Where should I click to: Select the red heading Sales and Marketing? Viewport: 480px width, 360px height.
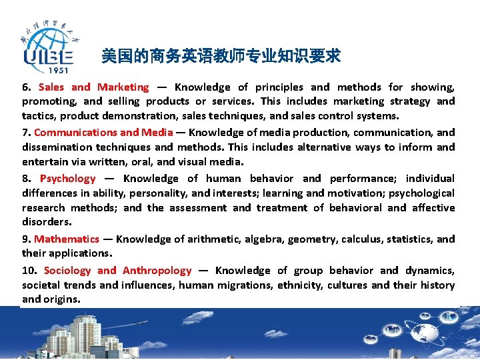coord(94,87)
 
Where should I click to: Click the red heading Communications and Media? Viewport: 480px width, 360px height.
coord(103,133)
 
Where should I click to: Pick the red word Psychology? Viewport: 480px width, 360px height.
coord(68,179)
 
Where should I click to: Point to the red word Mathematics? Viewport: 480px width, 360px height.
coord(67,239)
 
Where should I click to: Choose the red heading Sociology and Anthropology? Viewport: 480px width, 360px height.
coord(117,271)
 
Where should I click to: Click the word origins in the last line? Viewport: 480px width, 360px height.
coord(62,300)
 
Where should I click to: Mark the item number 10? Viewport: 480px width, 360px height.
coord(29,271)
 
